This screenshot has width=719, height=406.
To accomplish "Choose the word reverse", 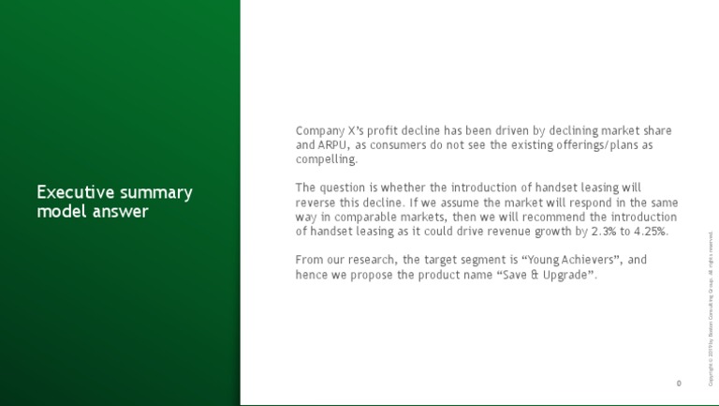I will coord(317,203).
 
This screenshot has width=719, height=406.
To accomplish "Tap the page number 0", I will coord(678,383).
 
